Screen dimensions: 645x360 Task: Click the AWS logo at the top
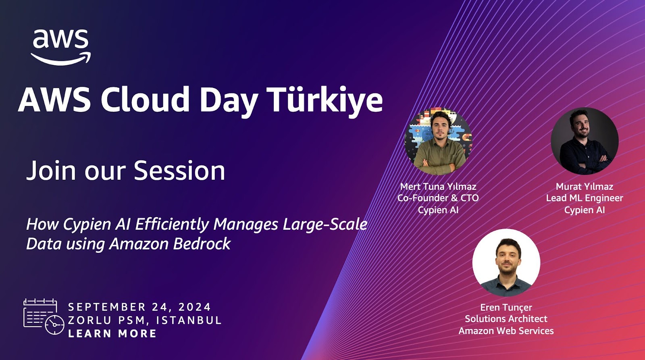pos(61,47)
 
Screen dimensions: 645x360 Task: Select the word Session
pos(179,171)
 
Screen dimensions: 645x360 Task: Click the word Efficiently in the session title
pos(172,225)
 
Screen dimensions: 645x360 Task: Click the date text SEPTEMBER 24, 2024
pos(139,307)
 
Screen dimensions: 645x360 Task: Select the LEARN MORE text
pos(112,333)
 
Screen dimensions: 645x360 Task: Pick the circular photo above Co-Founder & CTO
pos(438,142)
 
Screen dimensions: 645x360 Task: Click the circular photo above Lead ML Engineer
pos(585,141)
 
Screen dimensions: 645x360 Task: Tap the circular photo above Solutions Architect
pos(506,263)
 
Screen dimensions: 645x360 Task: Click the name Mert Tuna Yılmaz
pos(438,187)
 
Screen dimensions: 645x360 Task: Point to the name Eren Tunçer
pos(506,308)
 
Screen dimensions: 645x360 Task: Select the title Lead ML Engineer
pos(585,198)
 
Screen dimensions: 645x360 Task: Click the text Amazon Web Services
pos(506,331)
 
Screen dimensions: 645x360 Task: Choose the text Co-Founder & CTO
pos(438,198)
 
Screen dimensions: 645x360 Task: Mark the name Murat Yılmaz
pos(585,187)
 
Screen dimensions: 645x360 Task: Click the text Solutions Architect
pos(506,319)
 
